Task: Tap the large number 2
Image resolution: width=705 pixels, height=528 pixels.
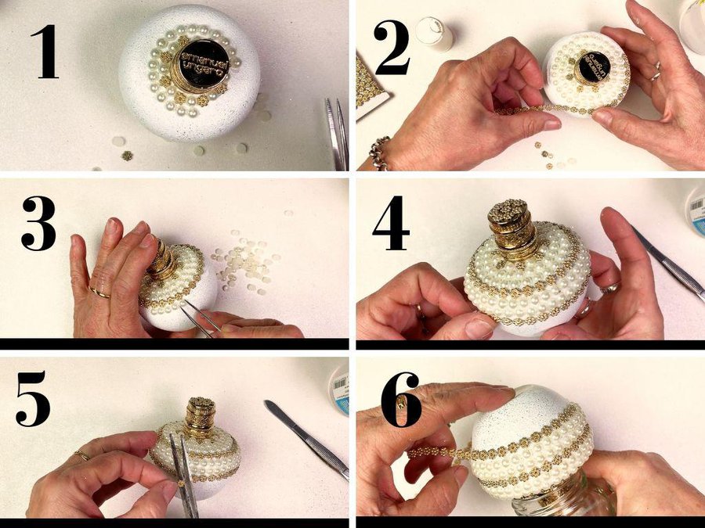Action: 392,47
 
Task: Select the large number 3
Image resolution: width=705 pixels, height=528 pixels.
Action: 38,223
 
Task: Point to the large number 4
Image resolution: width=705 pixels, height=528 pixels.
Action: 391,223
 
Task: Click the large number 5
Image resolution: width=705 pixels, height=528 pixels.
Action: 33,399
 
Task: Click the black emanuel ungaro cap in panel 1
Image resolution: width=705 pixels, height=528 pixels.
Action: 204,64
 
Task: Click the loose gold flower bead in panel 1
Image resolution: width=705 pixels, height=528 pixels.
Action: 127,156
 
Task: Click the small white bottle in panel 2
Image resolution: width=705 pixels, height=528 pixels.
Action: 434,34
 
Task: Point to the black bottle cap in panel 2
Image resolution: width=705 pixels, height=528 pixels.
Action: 594,66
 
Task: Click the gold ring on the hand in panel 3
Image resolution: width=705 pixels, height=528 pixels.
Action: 99,293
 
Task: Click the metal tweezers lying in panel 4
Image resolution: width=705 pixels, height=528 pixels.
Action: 668,263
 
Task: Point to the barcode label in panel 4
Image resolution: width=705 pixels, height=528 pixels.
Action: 697,210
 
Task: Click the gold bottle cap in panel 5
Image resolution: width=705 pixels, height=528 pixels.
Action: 201,416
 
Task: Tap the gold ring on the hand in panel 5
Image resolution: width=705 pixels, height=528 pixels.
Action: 82,456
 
